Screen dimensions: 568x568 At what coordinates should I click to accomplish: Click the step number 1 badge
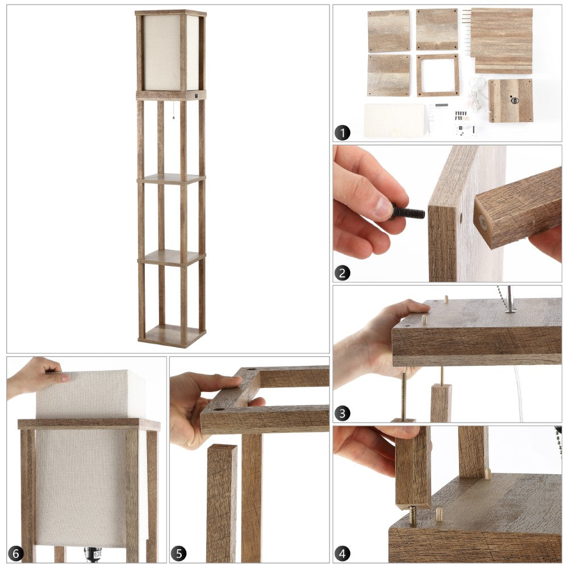343,132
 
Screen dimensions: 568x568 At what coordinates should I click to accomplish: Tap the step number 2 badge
343,273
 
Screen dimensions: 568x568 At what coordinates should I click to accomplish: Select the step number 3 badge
343,413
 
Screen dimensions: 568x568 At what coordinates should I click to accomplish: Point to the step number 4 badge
343,553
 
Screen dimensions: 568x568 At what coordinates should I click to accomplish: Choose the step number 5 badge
178,553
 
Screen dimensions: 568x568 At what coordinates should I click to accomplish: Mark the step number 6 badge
15,553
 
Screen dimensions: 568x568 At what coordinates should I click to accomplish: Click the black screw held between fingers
407,212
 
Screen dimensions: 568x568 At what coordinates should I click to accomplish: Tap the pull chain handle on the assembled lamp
174,117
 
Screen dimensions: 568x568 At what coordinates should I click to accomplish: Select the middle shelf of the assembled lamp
171,179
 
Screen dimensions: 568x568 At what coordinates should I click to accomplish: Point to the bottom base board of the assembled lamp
172,336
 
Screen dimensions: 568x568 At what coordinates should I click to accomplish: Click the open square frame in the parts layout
437,76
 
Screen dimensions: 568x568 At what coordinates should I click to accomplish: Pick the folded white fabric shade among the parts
395,120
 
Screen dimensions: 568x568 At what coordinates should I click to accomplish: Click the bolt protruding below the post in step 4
412,516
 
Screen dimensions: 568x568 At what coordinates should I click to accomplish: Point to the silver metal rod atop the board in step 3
509,299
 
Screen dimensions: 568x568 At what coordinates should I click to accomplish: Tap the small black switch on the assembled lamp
196,96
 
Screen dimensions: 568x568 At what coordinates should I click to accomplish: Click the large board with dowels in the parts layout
502,41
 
